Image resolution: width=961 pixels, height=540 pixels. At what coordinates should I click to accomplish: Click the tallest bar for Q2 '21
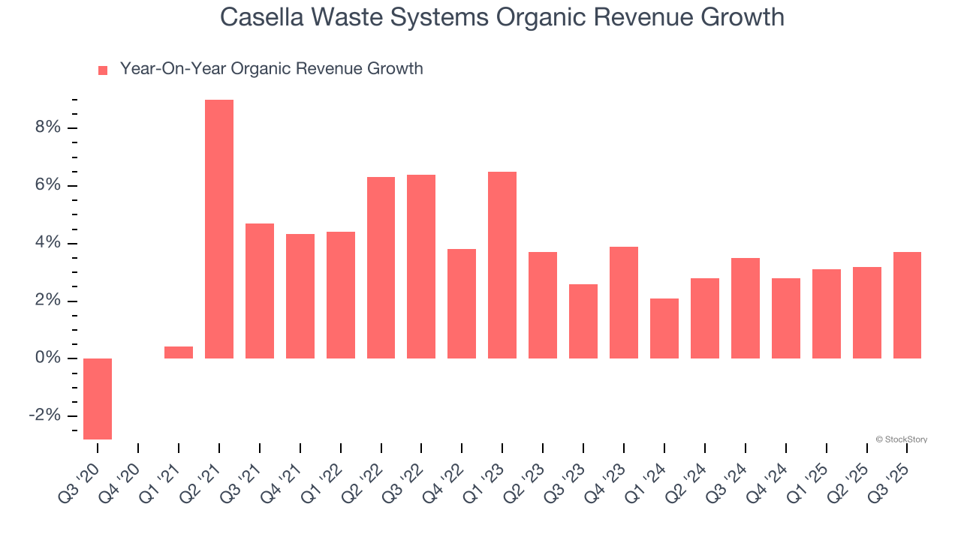point(219,229)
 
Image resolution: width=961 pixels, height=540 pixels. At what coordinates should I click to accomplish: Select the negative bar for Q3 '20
point(98,398)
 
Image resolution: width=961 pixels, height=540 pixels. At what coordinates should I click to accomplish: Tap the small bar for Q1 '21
point(179,352)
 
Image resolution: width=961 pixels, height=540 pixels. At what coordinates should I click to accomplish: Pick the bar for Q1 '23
point(502,265)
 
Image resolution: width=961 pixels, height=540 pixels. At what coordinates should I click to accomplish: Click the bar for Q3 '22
point(421,266)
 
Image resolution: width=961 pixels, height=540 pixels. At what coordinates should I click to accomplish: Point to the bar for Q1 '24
point(664,328)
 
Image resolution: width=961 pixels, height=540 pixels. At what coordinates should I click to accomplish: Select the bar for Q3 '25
point(907,305)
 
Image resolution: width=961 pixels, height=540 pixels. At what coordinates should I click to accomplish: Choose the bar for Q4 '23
point(624,302)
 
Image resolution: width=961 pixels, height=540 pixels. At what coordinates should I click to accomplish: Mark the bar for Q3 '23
point(583,321)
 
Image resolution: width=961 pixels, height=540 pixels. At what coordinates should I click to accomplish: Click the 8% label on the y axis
point(47,127)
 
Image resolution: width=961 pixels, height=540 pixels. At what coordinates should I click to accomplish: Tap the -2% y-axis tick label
point(44,416)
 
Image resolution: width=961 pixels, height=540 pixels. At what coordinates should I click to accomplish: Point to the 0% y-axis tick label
point(47,358)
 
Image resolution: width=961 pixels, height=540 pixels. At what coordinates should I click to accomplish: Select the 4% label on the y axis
point(47,243)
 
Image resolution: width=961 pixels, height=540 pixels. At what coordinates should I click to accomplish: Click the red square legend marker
point(103,70)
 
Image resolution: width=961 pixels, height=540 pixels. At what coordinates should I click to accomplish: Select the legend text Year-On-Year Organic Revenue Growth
point(271,69)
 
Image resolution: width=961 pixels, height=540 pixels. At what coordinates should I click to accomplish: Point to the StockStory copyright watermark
point(901,439)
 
